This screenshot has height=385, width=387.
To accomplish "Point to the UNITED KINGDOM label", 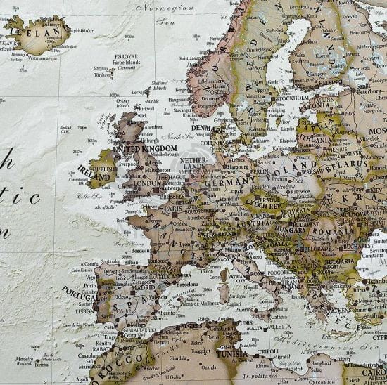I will tap(144, 149).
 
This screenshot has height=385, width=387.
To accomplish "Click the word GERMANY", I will tap(224, 183).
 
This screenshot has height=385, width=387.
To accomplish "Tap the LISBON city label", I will tap(85, 310).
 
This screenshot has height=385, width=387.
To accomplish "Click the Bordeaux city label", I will tap(141, 249).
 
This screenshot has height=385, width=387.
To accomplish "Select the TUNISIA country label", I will tap(231, 354).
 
